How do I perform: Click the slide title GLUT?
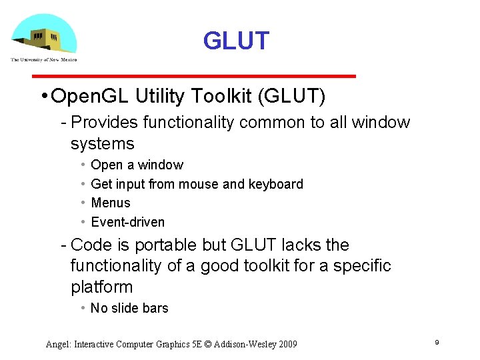click(236, 41)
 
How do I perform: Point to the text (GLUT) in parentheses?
click(295, 97)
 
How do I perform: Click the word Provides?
click(103, 123)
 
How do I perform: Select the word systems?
click(103, 144)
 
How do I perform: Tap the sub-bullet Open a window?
click(137, 165)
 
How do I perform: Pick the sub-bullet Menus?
click(111, 203)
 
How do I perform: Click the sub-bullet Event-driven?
click(127, 222)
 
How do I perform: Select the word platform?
click(102, 288)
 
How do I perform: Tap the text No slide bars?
click(129, 308)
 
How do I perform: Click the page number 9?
click(437, 343)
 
